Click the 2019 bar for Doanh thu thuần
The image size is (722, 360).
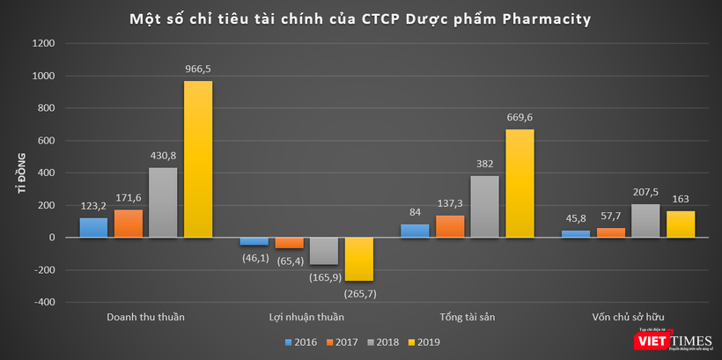click(197, 159)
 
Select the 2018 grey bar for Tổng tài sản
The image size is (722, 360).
click(484, 207)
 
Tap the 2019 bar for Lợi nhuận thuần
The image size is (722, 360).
click(359, 259)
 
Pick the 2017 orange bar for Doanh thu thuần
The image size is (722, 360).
click(128, 224)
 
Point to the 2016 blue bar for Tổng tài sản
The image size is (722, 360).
click(415, 231)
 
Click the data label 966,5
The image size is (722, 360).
click(197, 69)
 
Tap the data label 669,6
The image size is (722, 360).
click(519, 117)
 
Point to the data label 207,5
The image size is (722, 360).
click(645, 192)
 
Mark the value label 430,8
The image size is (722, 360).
click(163, 156)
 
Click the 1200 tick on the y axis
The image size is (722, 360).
click(44, 44)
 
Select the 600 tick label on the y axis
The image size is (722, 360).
click(47, 141)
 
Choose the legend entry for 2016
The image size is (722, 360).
click(301, 342)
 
